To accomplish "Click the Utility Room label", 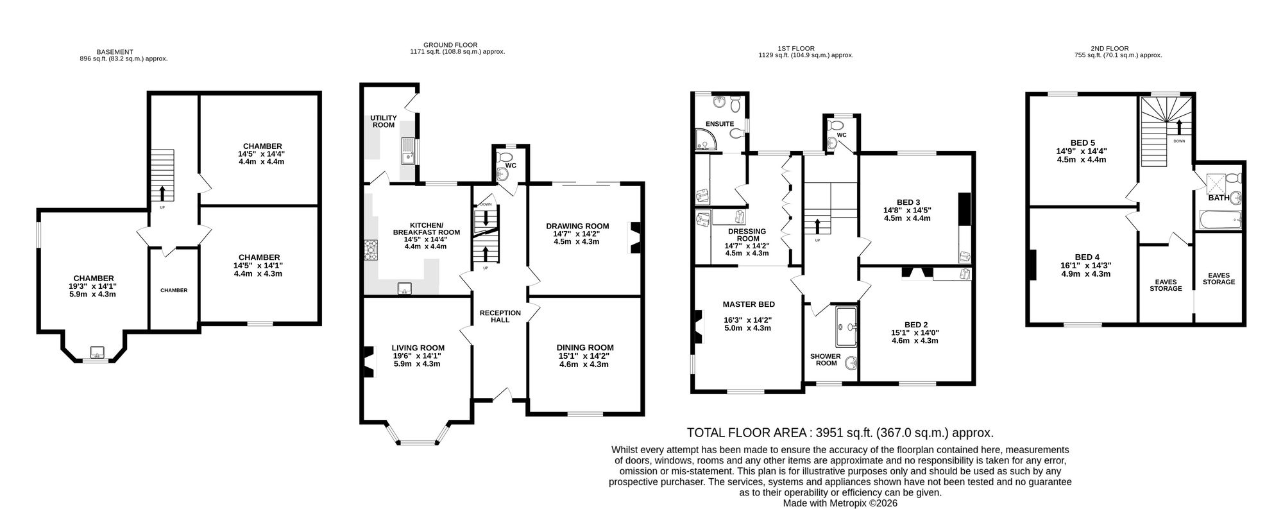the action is point(384,121).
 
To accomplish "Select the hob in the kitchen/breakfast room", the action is point(371,250).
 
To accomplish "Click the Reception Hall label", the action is point(500,316).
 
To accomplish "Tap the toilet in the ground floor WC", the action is point(505,157).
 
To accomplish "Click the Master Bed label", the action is point(749,304).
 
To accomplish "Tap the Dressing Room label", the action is point(747,235).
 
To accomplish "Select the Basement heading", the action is point(115,52).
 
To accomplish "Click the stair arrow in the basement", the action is point(161,193).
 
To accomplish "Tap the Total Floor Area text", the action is point(840,433).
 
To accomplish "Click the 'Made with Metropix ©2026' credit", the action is point(840,503).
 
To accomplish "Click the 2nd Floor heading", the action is point(1109,48).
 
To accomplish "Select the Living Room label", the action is point(418,348).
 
